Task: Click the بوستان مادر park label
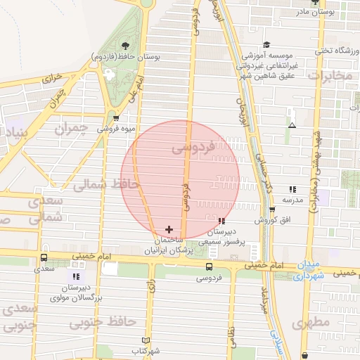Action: pyautogui.click(x=330, y=11)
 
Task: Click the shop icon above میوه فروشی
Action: pyautogui.click(x=116, y=118)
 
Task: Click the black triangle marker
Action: pyautogui.click(x=292, y=126)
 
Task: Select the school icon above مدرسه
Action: pyautogui.click(x=292, y=189)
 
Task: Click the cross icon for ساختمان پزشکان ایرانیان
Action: pyautogui.click(x=169, y=229)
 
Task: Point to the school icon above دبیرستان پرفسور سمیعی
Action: pyautogui.click(x=222, y=221)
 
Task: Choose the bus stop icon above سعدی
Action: pyautogui.click(x=44, y=258)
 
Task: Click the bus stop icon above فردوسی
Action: pyautogui.click(x=209, y=266)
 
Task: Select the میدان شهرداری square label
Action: pyautogui.click(x=308, y=271)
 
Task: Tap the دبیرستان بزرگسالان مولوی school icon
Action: pyautogui.click(x=76, y=277)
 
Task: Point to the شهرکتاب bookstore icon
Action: pyautogui.click(x=146, y=340)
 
